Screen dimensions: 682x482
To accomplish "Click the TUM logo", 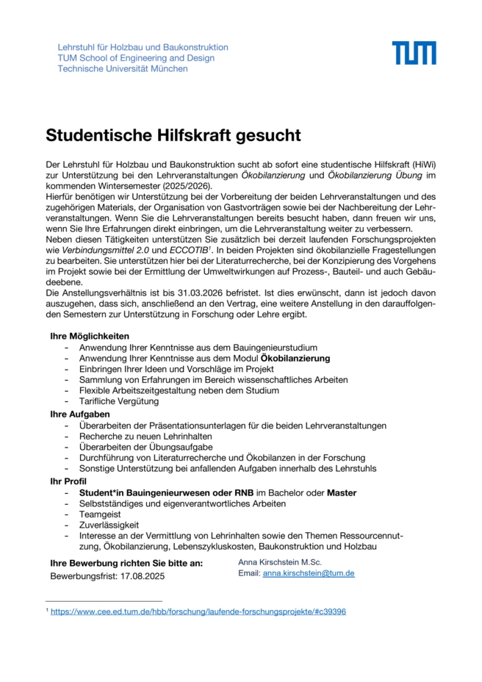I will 414,53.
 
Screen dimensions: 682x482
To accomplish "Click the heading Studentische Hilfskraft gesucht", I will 173,135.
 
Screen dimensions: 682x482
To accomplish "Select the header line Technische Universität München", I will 123,69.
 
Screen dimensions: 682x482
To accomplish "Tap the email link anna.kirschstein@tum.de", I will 309,573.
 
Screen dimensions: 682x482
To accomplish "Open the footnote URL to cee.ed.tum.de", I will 198,611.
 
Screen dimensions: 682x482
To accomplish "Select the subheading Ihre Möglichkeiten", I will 90,336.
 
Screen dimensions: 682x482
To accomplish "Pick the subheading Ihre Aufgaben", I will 80,414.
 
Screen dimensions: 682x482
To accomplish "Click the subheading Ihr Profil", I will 68,481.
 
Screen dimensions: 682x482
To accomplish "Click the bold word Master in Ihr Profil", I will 342,492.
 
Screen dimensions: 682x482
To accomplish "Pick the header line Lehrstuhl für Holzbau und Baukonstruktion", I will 143,47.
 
